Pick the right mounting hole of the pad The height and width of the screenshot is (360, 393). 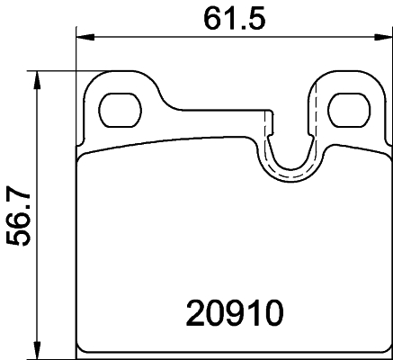(x=347, y=110)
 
